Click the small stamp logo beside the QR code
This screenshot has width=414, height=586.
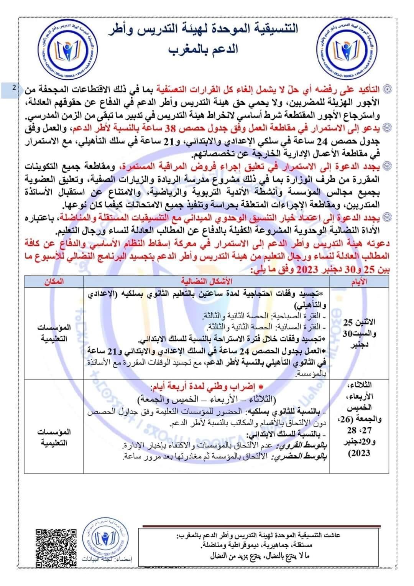pyautogui.click(x=106, y=540)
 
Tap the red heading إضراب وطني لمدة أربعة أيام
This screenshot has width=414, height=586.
pyautogui.click(x=207, y=387)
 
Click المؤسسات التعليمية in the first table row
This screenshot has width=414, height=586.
pyautogui.click(x=54, y=333)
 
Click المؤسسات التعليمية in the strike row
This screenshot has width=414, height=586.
pyautogui.click(x=54, y=437)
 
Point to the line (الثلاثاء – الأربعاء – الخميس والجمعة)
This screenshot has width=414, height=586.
pyautogui.click(x=207, y=399)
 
